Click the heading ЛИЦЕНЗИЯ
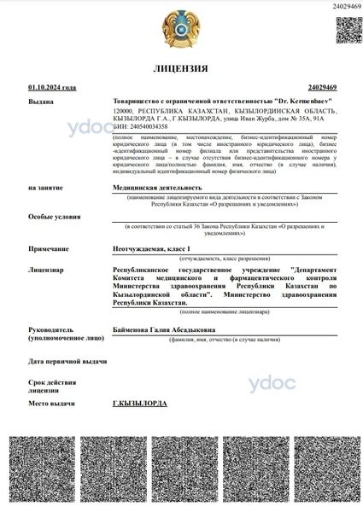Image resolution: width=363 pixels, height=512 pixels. point(180,67)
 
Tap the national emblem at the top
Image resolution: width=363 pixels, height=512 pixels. point(181,28)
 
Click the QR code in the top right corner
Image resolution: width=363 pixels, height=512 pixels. point(348,29)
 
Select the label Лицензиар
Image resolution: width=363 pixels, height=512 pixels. point(44,270)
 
